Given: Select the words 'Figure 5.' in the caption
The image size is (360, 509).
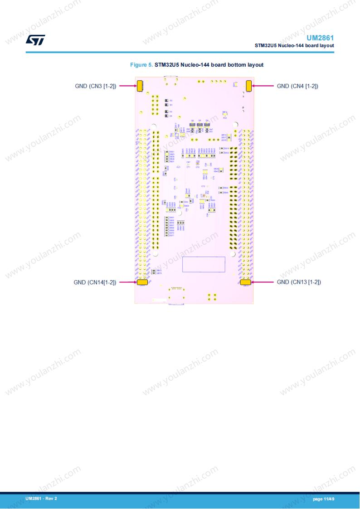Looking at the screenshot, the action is [x=141, y=65].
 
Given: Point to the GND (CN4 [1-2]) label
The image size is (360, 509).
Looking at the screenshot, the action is [x=297, y=86].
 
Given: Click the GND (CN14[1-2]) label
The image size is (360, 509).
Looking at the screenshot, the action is [x=95, y=282].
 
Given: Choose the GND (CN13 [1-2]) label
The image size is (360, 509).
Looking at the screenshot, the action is [x=299, y=282].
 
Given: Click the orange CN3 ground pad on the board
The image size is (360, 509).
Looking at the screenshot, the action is [x=140, y=86].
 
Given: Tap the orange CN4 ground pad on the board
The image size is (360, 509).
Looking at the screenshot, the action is [x=249, y=86].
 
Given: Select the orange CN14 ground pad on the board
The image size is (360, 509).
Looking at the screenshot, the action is [x=142, y=282].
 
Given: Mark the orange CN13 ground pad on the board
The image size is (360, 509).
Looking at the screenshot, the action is [x=246, y=282].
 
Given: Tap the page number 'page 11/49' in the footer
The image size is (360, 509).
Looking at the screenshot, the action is [x=323, y=499].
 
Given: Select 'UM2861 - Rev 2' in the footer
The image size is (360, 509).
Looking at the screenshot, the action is [x=41, y=499].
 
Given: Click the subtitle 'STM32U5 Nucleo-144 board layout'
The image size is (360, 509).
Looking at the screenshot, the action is [x=294, y=45].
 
